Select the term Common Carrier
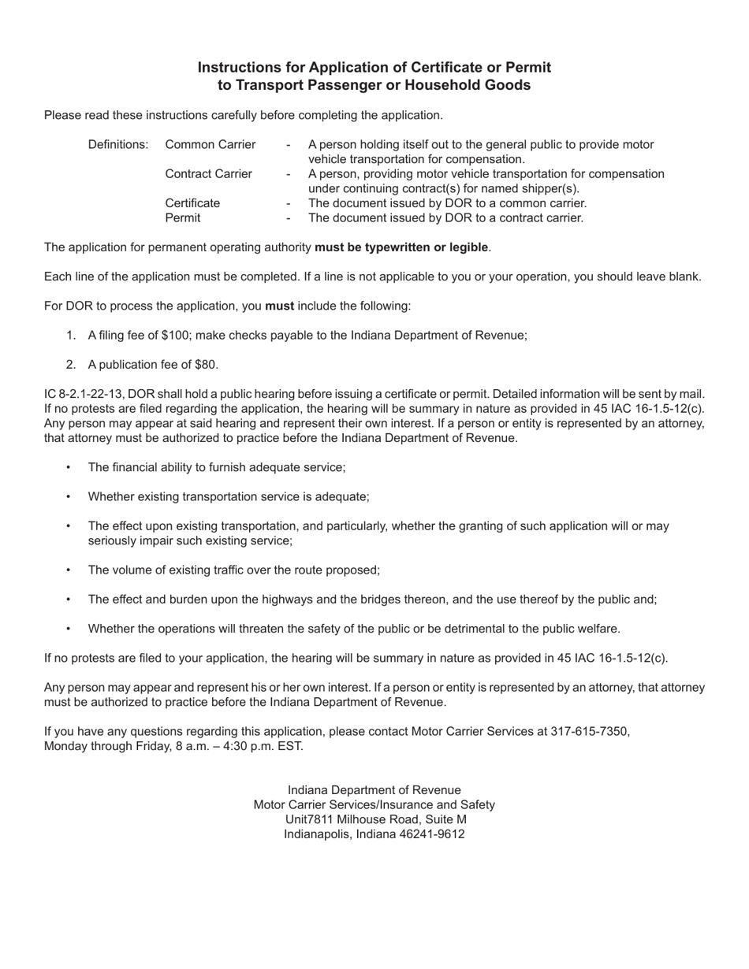pyautogui.click(x=211, y=144)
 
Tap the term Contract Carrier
pyautogui.click(x=209, y=173)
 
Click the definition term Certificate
pyautogui.click(x=192, y=202)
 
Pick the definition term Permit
pyautogui.click(x=183, y=217)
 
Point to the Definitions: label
pyautogui.click(x=118, y=144)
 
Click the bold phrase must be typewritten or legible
pyautogui.click(x=401, y=247)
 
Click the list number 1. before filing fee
pyautogui.click(x=71, y=335)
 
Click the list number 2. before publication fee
pyautogui.click(x=71, y=364)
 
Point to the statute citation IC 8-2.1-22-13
pyautogui.click(x=84, y=393)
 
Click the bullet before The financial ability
pyautogui.click(x=69, y=467)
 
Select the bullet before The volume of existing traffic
pyautogui.click(x=69, y=570)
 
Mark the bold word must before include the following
pyautogui.click(x=279, y=305)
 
